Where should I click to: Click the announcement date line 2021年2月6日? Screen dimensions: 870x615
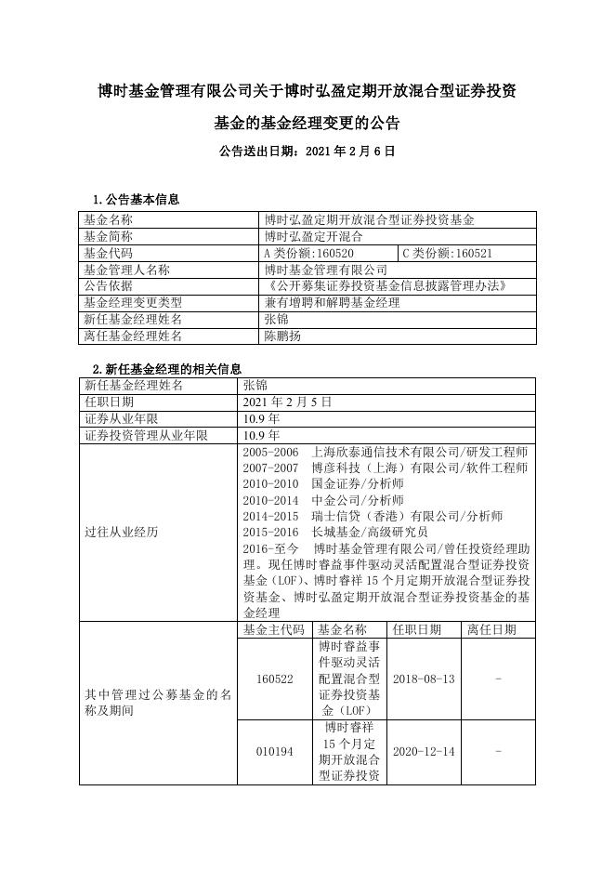coord(307,150)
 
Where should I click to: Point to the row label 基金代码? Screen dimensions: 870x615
coord(109,253)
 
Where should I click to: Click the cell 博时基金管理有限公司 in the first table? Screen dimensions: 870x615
coord(325,270)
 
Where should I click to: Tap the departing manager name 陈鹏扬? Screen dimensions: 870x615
coord(282,336)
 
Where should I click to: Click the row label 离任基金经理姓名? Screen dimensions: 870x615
coord(133,336)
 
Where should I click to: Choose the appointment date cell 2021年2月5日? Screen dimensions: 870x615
coord(287,402)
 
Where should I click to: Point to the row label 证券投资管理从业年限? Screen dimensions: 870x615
coord(146,435)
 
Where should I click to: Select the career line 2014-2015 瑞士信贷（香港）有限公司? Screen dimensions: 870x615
coord(373,516)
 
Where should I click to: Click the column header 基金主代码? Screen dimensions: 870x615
coord(274,629)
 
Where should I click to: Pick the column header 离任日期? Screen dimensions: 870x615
coord(499,629)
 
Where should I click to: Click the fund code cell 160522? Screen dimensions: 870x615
coord(274,679)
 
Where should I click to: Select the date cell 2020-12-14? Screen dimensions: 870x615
coord(424,751)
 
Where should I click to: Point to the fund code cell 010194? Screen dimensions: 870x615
coord(274,751)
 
